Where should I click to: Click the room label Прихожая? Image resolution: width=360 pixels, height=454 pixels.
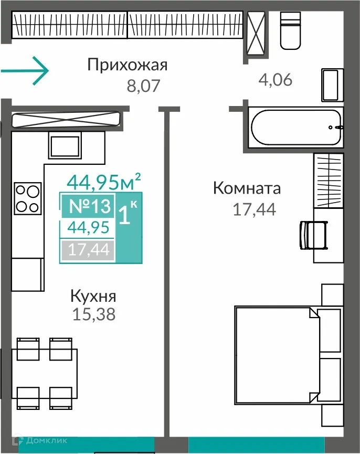pos(127,65)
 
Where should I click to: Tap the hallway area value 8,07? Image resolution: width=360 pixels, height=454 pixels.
pos(143,86)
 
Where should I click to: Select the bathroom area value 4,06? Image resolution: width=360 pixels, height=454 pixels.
pos(275,80)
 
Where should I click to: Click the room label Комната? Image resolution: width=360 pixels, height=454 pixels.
pos(247,188)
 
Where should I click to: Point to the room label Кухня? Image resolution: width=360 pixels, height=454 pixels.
pos(93,296)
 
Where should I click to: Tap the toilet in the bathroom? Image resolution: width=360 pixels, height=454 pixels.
pos(291,30)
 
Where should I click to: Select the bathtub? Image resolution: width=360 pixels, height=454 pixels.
pos(297,127)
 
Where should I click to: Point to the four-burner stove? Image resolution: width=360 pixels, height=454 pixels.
pos(27,197)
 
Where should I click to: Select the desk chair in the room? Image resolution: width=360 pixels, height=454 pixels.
pos(313,234)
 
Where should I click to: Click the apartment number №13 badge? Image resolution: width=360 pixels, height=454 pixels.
pos(87,206)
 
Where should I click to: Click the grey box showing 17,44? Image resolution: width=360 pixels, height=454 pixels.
pos(87,249)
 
